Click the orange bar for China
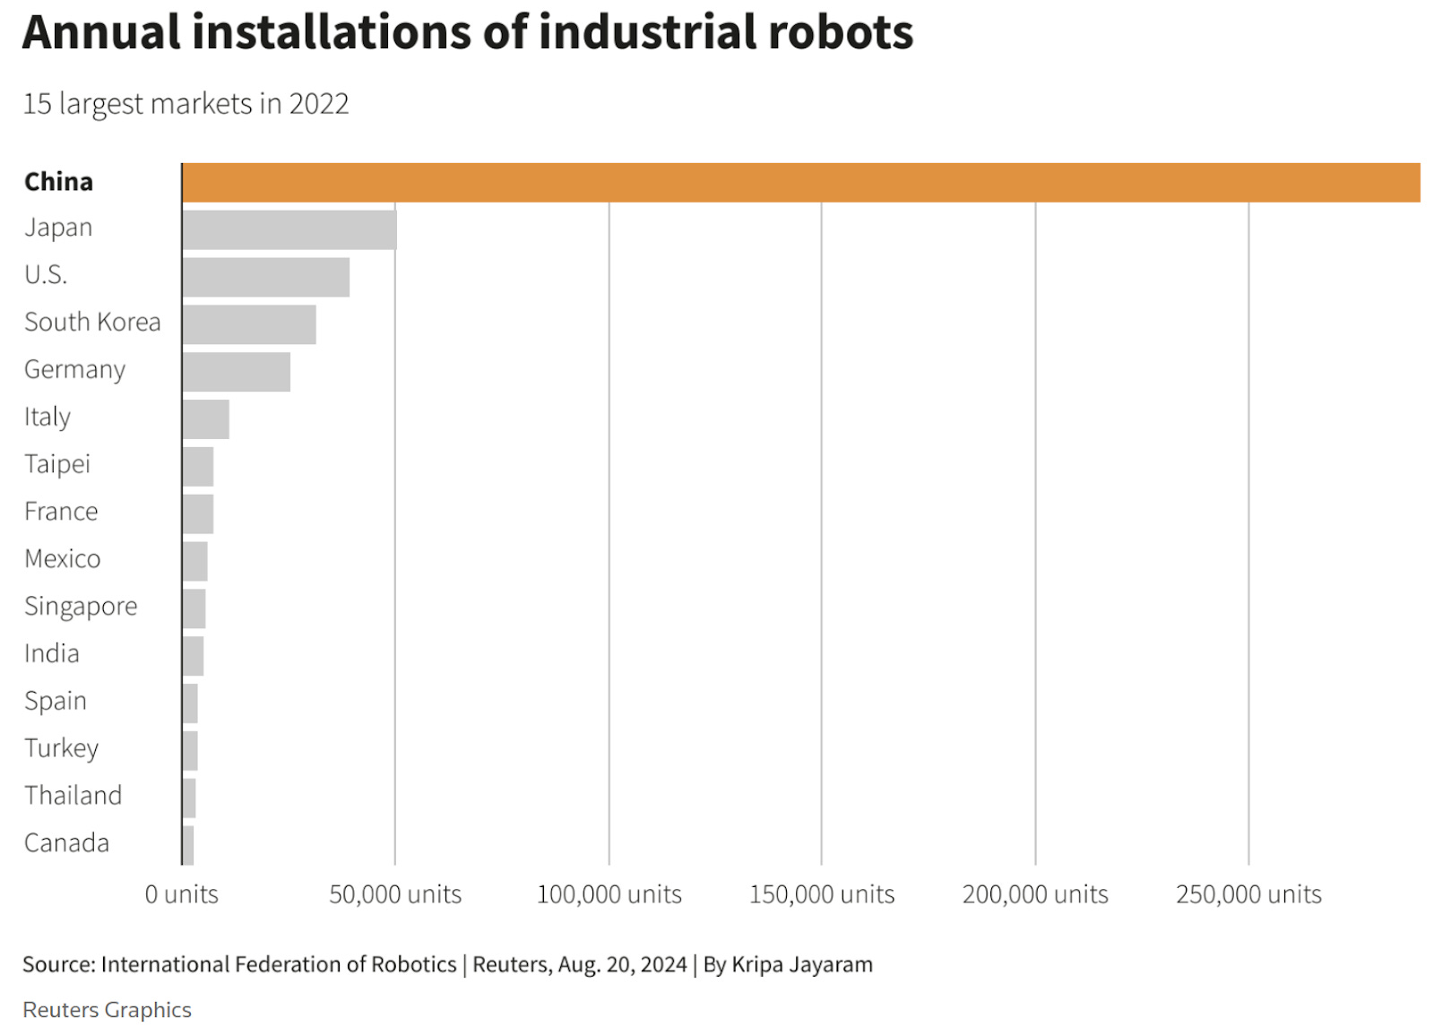coord(800,183)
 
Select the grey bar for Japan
coord(289,230)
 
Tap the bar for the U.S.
coord(266,278)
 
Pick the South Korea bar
coord(249,324)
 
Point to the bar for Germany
coord(237,372)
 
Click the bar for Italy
coord(206,419)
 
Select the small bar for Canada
coord(188,846)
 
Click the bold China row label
coord(58,182)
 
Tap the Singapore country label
coord(81,607)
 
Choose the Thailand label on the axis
coord(73,796)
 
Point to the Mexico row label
coord(62,559)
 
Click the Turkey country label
coord(61,748)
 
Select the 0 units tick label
coord(182,894)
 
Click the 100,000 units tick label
coord(609,894)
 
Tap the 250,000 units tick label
coord(1248,894)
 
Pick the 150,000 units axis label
coord(822,894)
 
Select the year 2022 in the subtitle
coord(318,104)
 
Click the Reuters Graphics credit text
coord(107,1010)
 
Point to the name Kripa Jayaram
coord(802,964)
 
